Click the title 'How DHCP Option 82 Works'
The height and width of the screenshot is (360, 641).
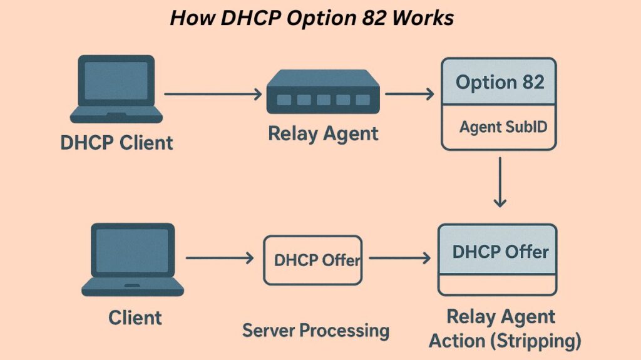tap(312, 18)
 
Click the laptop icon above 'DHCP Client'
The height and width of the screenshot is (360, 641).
tap(116, 88)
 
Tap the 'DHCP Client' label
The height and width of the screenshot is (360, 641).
tap(116, 143)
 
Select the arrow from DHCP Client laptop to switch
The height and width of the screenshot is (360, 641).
tap(213, 95)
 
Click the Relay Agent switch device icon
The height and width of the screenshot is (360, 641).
tap(323, 93)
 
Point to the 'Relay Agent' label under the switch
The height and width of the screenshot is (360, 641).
tap(323, 133)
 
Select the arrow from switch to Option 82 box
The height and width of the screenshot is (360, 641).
tap(409, 95)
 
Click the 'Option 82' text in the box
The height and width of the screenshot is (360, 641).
tap(499, 82)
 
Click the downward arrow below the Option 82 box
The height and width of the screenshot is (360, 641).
tap(499, 182)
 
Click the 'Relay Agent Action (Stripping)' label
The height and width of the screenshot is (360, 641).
tap(501, 329)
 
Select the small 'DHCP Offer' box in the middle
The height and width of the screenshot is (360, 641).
tap(313, 260)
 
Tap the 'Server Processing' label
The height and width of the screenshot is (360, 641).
tap(315, 330)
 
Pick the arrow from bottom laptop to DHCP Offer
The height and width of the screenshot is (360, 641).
tap(219, 258)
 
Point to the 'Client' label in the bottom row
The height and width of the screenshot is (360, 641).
tap(135, 317)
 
